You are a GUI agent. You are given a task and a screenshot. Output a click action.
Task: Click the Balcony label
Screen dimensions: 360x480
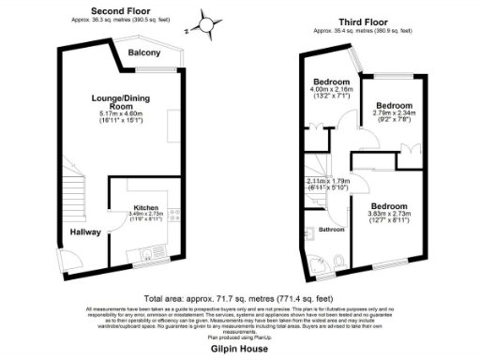[x=144, y=52]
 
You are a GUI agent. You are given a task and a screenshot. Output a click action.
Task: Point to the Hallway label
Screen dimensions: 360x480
[x=86, y=232]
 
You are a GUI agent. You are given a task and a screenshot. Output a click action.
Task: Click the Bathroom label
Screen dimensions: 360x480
[x=332, y=229]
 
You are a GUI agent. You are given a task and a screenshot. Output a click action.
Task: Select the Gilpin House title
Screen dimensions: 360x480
[x=239, y=346]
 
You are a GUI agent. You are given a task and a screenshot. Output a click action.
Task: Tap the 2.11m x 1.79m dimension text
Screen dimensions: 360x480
[x=327, y=185]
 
